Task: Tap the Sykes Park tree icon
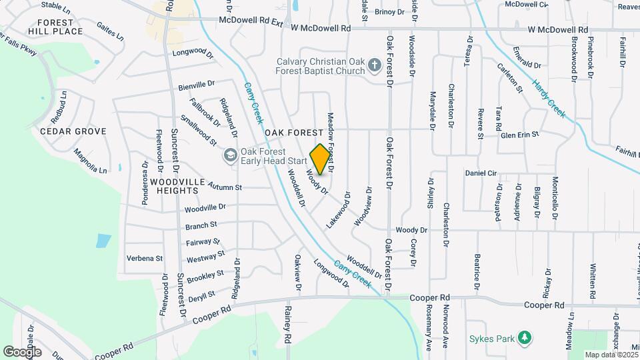tap(525, 339)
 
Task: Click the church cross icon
tap(374, 65)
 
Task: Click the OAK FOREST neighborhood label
tap(294, 133)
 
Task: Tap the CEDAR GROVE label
tap(73, 131)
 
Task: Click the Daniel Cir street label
tap(481, 173)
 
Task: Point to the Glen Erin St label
tap(519, 135)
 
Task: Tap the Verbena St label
tap(145, 258)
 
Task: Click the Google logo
tap(22, 351)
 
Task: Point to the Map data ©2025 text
tap(611, 355)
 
